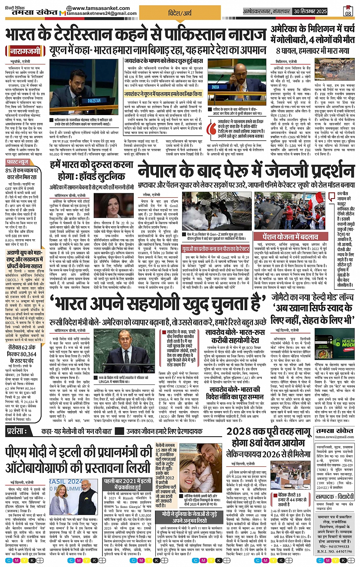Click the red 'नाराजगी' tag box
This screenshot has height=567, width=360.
[x=25, y=51]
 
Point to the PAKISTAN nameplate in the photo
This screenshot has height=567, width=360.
[x=94, y=101]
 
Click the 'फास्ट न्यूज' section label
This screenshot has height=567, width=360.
[x=18, y=162]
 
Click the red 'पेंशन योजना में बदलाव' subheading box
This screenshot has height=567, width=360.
[x=285, y=237]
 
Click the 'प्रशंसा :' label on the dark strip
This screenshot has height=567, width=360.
[x=17, y=431]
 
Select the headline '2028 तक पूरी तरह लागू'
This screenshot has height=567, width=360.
[x=269, y=431]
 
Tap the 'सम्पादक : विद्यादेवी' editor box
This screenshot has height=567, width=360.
[x=334, y=497]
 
